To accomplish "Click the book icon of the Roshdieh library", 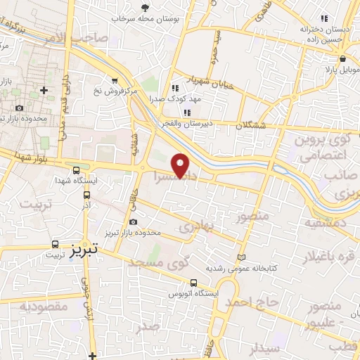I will tap(243, 257).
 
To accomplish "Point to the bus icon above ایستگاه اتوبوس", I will tap(193, 283).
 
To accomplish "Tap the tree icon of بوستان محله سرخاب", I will tap(145, 8).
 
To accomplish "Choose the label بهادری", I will tap(195, 227).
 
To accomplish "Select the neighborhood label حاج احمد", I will tap(252, 302).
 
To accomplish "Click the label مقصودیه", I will tap(44, 306).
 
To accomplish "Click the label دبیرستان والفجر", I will tap(184, 124).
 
